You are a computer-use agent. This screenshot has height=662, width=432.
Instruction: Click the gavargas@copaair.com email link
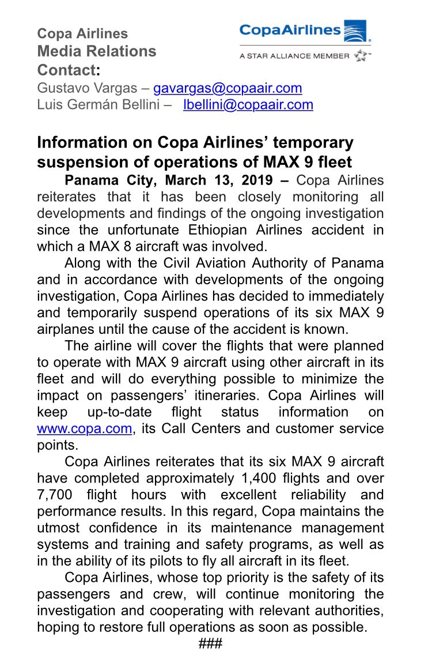(x=227, y=88)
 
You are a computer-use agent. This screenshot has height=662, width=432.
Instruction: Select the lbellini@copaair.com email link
(x=248, y=105)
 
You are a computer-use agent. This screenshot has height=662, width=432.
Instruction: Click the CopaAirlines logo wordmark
(x=289, y=30)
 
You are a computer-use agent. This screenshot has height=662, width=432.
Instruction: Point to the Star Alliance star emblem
(x=361, y=55)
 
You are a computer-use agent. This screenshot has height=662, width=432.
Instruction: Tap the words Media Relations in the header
(x=97, y=51)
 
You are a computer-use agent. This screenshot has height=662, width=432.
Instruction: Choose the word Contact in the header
(x=66, y=70)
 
